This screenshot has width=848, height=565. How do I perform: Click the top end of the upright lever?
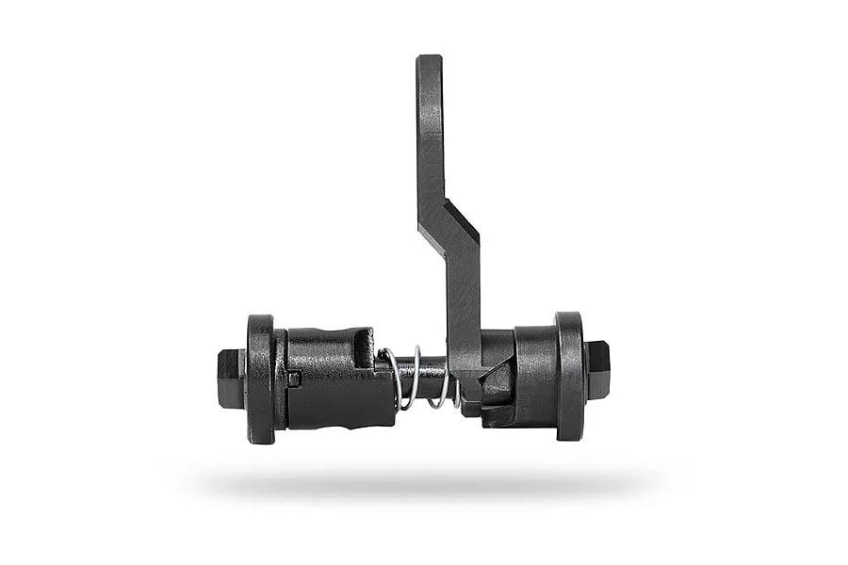click(x=429, y=61)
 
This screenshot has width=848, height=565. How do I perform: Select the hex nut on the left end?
click(x=230, y=377)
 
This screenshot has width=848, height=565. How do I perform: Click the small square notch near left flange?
click(x=294, y=379)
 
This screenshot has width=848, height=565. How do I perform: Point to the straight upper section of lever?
click(x=430, y=132)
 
